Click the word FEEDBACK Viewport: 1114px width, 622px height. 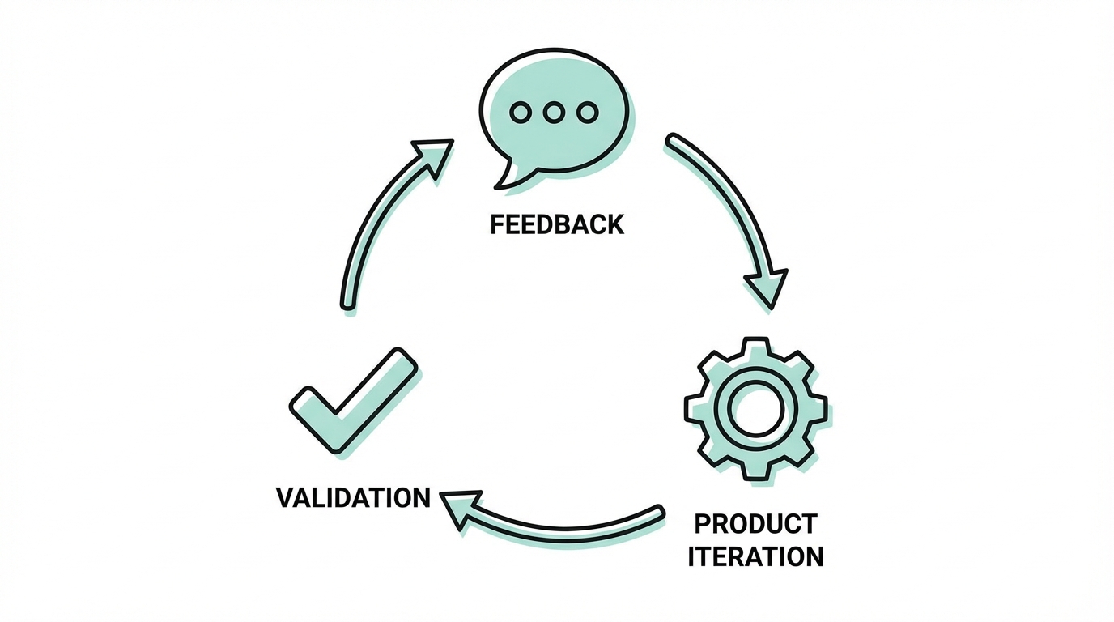pyautogui.click(x=557, y=224)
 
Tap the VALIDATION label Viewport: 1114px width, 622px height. pyautogui.click(x=353, y=496)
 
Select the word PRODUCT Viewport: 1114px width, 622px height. pyautogui.click(x=755, y=524)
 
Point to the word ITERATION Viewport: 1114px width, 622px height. pyautogui.click(x=755, y=556)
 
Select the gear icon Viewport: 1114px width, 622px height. pyautogui.click(x=755, y=409)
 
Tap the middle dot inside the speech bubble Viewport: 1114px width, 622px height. pyautogui.click(x=554, y=113)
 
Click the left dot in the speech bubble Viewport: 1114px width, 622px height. pyautogui.click(x=521, y=113)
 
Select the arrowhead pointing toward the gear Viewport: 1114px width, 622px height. pyautogui.click(x=765, y=288)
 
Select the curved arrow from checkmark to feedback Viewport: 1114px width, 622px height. pyautogui.click(x=368, y=235)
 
